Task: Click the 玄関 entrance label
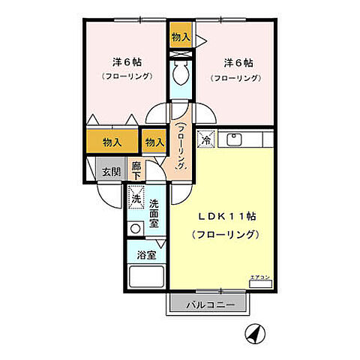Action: tap(110, 170)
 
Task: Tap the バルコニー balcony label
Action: tap(206, 305)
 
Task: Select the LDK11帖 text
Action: tap(226, 216)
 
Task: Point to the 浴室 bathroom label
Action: tap(145, 255)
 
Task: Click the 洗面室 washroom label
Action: tap(154, 213)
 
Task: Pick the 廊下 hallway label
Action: tap(136, 170)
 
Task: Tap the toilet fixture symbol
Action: tap(181, 73)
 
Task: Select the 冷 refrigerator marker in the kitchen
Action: tap(205, 139)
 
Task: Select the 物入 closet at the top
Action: tap(181, 36)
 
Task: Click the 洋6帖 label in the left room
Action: tap(127, 61)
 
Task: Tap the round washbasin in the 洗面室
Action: tap(135, 228)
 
